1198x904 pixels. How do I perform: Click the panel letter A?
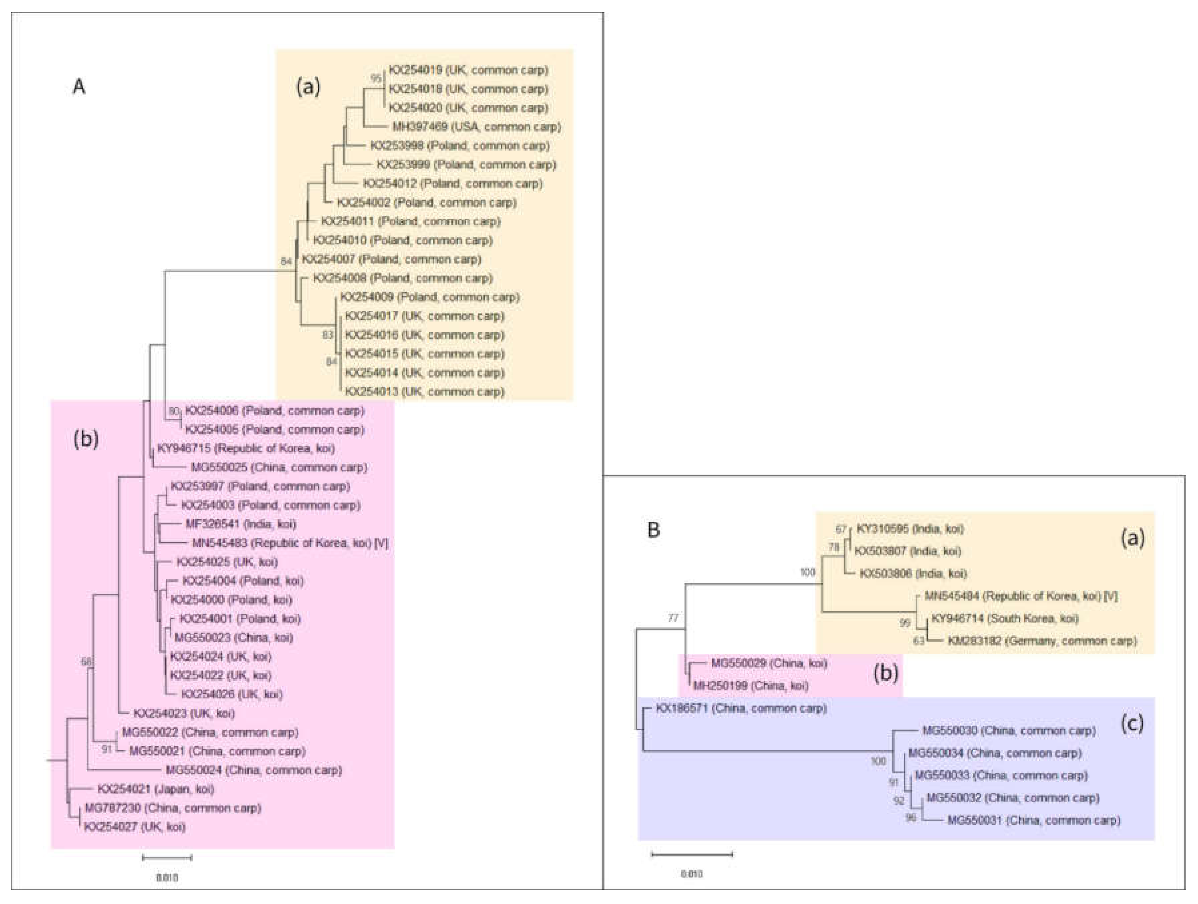click(x=79, y=86)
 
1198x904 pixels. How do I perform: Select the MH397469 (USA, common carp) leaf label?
click(x=476, y=127)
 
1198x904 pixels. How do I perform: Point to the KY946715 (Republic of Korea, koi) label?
click(x=246, y=448)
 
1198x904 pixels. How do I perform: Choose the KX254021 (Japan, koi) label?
click(x=156, y=789)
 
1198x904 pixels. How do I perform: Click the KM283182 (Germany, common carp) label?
click(x=1041, y=641)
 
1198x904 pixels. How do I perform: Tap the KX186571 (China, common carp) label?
click(x=741, y=708)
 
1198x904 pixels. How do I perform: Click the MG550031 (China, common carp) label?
click(x=1033, y=821)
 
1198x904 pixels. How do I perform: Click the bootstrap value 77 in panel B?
click(x=673, y=618)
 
